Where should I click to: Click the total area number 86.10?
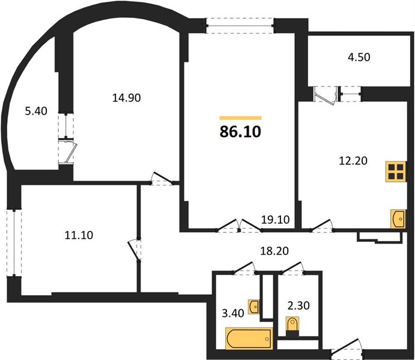(240, 131)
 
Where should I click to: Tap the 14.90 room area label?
(127, 98)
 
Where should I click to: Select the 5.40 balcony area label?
(36, 111)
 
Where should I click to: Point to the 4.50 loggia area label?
(359, 57)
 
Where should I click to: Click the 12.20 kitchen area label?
(353, 160)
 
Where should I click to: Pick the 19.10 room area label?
(275, 220)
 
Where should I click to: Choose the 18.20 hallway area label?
(274, 251)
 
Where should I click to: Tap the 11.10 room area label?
(79, 235)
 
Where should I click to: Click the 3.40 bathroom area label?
(233, 313)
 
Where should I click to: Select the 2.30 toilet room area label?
(298, 305)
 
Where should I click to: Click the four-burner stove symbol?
(396, 172)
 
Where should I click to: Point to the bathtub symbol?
(249, 338)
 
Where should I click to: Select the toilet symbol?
(292, 326)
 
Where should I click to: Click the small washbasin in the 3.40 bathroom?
(253, 307)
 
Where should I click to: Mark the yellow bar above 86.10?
(240, 118)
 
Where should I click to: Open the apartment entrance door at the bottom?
(347, 349)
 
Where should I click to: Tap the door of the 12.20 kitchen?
(322, 226)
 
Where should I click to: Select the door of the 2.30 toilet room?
(292, 268)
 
